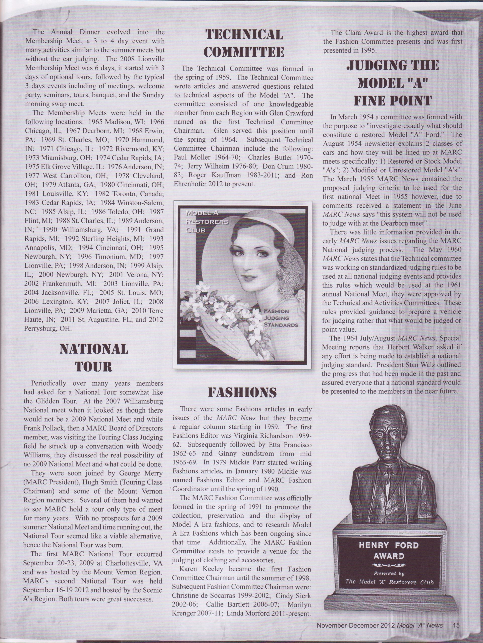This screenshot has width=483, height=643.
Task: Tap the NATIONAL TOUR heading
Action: [x=94, y=358]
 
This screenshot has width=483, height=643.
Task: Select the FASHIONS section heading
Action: [x=242, y=392]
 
